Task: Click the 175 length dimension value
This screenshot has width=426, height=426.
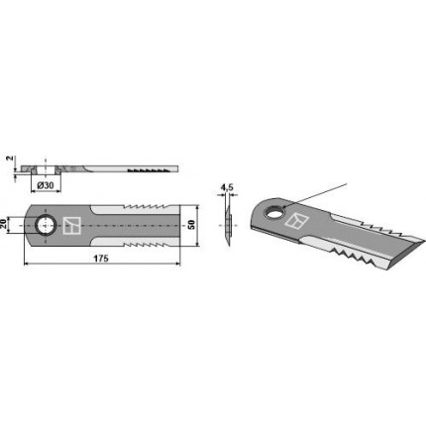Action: click(101, 259)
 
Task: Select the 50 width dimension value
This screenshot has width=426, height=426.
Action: click(191, 225)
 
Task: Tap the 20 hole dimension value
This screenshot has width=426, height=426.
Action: click(3, 226)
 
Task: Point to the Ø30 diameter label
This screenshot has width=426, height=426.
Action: click(46, 185)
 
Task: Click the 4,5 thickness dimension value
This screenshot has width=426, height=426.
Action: click(227, 187)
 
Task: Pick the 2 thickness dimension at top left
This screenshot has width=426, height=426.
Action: click(11, 159)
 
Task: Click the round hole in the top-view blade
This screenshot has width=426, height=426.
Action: click(46, 226)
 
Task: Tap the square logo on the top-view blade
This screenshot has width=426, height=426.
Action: click(72, 226)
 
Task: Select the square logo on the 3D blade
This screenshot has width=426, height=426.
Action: click(296, 221)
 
